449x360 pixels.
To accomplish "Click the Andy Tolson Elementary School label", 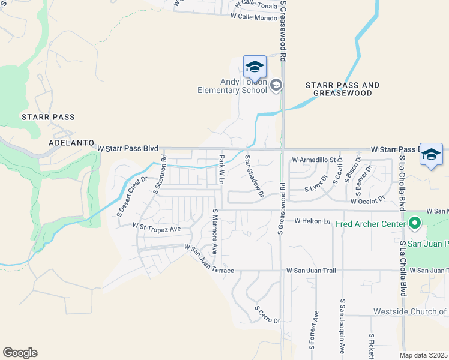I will [x=232, y=86].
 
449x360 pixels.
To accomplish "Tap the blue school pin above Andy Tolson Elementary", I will [x=255, y=67].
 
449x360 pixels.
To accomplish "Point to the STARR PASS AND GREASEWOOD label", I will [x=343, y=89].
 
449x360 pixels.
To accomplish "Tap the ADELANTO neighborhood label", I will [x=71, y=144].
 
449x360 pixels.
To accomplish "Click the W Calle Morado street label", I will [x=254, y=17].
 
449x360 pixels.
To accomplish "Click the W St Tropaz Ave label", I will [x=157, y=229].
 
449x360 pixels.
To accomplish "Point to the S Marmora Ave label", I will [x=214, y=231].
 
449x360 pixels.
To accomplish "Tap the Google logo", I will [x=20, y=352].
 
